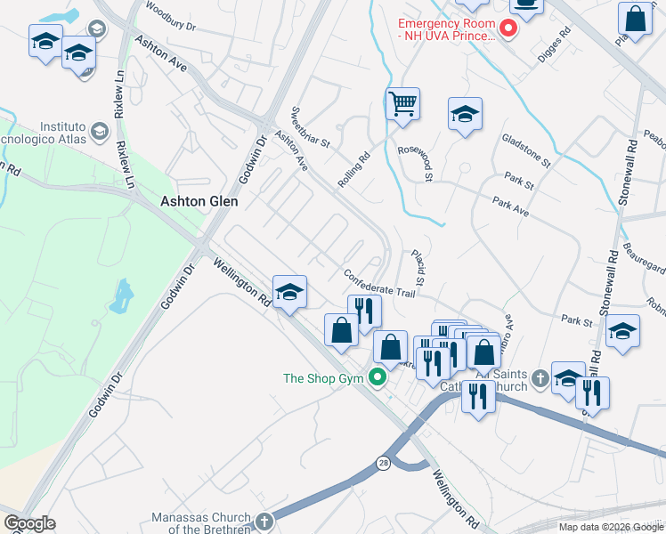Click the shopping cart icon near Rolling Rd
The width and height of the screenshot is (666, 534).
point(402,105)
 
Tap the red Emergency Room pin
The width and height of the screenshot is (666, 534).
point(508,29)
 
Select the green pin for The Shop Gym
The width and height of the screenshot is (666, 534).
point(378,378)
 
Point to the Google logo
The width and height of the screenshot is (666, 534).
point(29,523)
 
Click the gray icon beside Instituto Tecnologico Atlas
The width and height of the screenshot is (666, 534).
point(99,132)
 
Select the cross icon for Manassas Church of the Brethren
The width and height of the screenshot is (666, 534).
point(263,521)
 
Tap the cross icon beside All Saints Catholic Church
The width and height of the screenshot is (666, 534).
point(539,381)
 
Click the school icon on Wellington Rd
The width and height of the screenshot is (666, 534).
point(289,292)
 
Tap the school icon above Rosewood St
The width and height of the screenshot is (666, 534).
point(465,114)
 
